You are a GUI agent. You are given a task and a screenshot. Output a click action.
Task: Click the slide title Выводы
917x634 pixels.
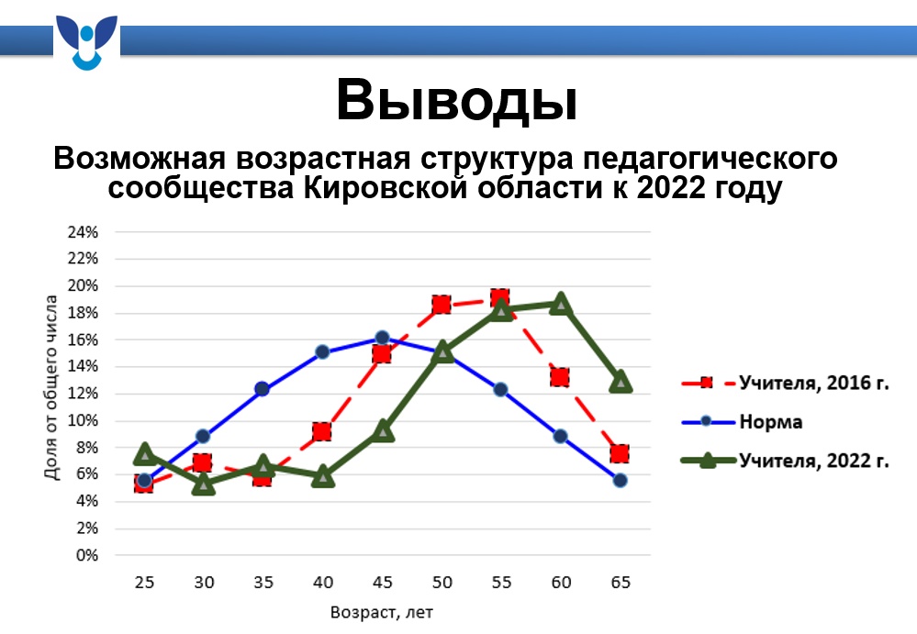[x=457, y=100]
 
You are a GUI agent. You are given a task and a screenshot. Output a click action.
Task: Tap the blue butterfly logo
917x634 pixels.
[x=86, y=42]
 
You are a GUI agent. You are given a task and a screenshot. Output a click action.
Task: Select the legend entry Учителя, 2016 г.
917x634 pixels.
[x=785, y=383]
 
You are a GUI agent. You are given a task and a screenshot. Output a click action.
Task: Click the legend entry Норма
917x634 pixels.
[x=742, y=421]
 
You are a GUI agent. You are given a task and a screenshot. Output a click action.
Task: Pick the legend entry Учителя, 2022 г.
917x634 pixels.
[x=785, y=461]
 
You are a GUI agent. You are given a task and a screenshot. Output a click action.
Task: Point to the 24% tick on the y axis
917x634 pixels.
[x=83, y=232]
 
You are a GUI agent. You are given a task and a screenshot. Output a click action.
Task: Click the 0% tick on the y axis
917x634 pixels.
[x=86, y=555]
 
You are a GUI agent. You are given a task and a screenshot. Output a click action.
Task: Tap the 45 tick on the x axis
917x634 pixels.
[x=383, y=583]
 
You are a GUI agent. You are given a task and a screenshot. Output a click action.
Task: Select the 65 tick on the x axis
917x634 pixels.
[x=621, y=583]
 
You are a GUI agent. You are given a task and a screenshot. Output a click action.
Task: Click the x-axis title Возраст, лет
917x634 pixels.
[x=381, y=612]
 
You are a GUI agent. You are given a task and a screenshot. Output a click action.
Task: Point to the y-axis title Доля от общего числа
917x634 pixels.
[x=51, y=387]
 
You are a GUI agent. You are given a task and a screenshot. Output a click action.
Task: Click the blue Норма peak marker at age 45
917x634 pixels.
[x=383, y=337]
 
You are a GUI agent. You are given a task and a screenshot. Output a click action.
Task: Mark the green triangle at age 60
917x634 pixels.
[x=561, y=304]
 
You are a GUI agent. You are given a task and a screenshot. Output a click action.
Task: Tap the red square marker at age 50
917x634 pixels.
[x=442, y=305]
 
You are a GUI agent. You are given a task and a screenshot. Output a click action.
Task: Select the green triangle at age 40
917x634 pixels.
[x=323, y=477]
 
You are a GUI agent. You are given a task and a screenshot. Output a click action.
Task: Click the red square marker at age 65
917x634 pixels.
[x=620, y=453]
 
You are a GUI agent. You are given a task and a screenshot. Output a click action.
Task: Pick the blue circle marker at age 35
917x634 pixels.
[x=262, y=389]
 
